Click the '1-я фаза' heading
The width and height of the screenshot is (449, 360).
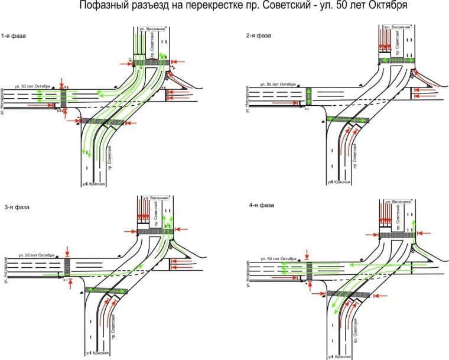click(14, 35)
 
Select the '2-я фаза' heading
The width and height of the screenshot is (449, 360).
click(259, 35)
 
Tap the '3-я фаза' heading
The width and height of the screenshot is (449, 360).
click(17, 207)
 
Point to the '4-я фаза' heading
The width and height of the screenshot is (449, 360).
click(261, 205)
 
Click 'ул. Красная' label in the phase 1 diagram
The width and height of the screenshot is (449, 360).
click(96, 184)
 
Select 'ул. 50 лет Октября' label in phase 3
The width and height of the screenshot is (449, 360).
click(37, 255)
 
